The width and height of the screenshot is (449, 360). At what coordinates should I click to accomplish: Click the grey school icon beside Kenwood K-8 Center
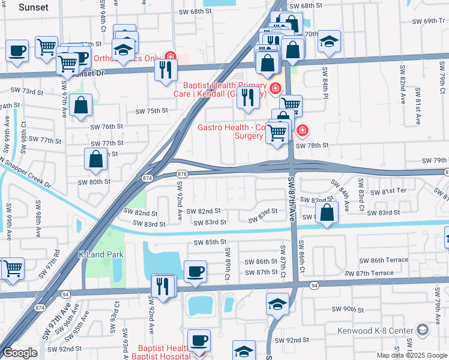pos(423,331)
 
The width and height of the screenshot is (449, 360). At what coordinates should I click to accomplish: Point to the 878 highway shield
pos(182,173)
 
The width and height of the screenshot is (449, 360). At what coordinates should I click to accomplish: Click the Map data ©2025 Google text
pos(411,355)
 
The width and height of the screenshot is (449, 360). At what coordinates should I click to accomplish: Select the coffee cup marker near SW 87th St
pos(195,272)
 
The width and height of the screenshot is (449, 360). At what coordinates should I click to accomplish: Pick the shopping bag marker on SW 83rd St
pos(326,213)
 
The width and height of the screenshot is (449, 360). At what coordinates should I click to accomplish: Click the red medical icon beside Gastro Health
pos(303,130)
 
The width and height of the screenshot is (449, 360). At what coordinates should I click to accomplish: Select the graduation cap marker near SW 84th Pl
pos(329,41)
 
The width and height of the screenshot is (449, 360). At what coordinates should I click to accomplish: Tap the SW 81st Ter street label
pos(389,191)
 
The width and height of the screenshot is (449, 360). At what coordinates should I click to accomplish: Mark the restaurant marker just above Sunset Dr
pos(164,70)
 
